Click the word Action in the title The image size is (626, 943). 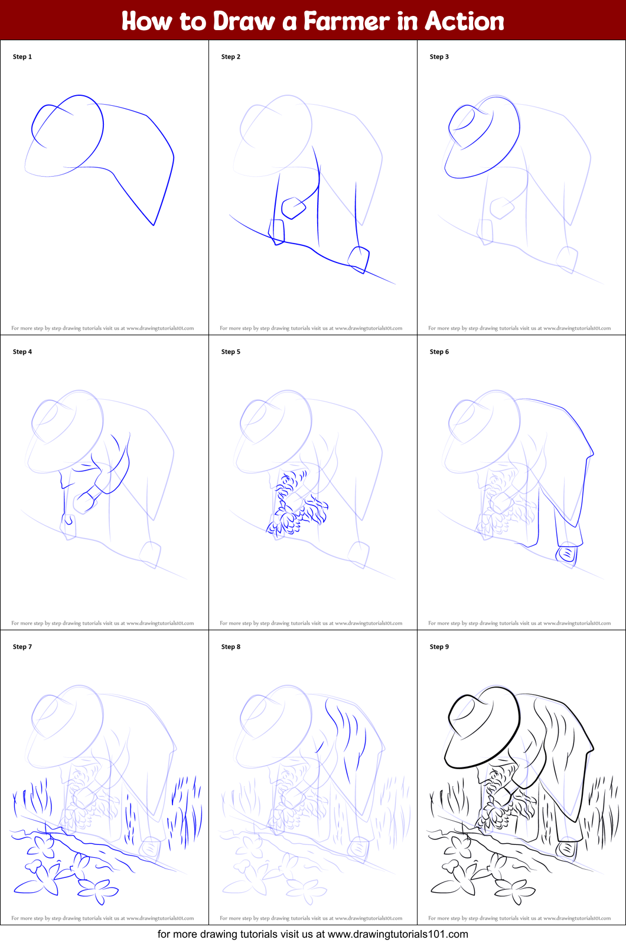(464, 21)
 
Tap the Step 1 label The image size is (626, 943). (22, 57)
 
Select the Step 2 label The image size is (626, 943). (231, 57)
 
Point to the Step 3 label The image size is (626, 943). (439, 57)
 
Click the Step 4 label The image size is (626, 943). (22, 352)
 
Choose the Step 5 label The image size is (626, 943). (231, 352)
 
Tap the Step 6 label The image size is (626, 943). (439, 352)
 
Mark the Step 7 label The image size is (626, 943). (22, 647)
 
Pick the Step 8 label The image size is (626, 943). (231, 647)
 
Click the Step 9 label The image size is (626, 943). (439, 647)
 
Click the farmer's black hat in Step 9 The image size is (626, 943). (481, 727)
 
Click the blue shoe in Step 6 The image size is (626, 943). (566, 554)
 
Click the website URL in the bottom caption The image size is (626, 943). (397, 935)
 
